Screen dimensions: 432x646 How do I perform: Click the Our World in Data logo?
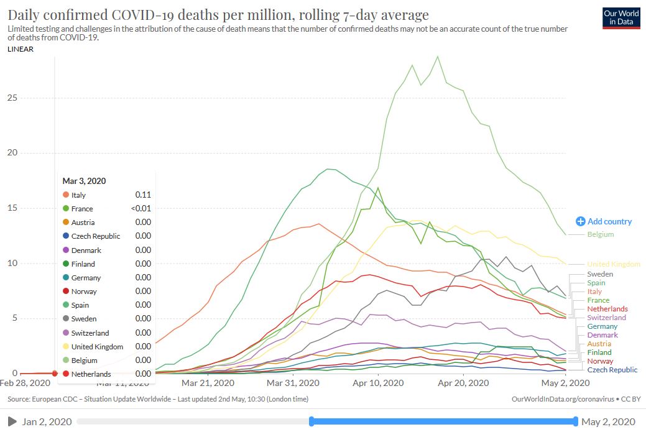point(621,17)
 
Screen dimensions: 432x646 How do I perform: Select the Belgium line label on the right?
point(600,234)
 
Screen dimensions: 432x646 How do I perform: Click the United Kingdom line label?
point(613,264)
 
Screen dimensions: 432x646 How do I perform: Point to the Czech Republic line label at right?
point(612,370)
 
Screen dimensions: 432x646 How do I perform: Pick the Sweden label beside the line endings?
point(600,274)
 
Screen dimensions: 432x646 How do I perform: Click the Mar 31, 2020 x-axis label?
point(293,384)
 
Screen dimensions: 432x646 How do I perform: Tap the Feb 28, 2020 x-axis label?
point(25,384)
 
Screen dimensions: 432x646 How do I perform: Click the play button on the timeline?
point(12,422)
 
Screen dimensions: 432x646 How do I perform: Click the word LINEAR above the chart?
point(21,50)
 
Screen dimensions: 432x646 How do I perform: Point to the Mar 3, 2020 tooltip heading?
point(84,182)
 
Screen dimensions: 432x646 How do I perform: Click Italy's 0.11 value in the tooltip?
point(144,195)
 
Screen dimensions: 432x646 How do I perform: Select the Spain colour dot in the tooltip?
point(66,305)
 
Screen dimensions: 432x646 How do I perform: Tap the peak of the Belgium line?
point(438,57)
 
